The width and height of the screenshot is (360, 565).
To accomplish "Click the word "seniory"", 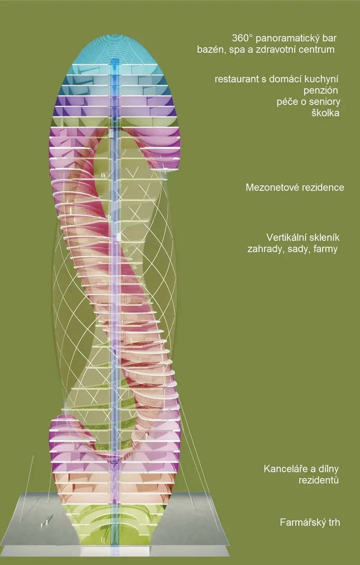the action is click(325, 102).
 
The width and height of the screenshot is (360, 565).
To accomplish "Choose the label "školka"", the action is click(325, 113).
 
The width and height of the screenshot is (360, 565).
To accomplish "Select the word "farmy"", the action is click(325, 249).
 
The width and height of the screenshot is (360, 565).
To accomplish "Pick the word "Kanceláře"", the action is click(286, 469).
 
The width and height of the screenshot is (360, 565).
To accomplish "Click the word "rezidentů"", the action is click(319, 480).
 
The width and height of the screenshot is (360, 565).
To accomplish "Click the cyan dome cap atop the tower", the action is click(115, 49).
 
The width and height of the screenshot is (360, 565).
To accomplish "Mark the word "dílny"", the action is click(328, 469).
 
